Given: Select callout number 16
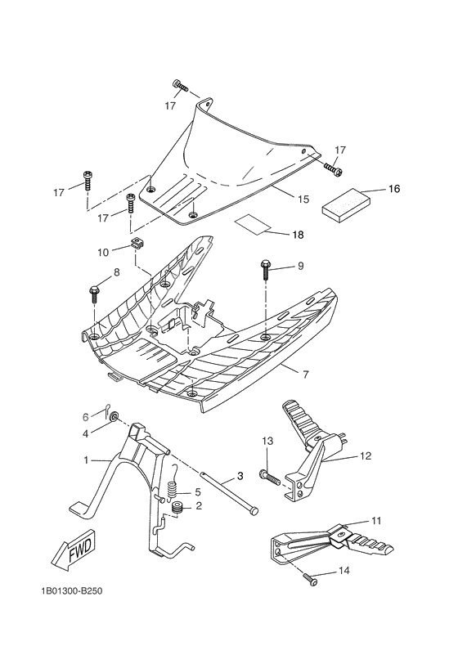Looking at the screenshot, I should pyautogui.click(x=393, y=189).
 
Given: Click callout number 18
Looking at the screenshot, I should pyautogui.click(x=298, y=234).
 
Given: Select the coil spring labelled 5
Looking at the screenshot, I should pyautogui.click(x=173, y=491).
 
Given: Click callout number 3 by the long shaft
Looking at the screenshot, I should pyautogui.click(x=240, y=475).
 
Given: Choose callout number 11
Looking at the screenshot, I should pyautogui.click(x=376, y=519).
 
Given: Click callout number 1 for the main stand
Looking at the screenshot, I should pyautogui.click(x=86, y=460).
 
